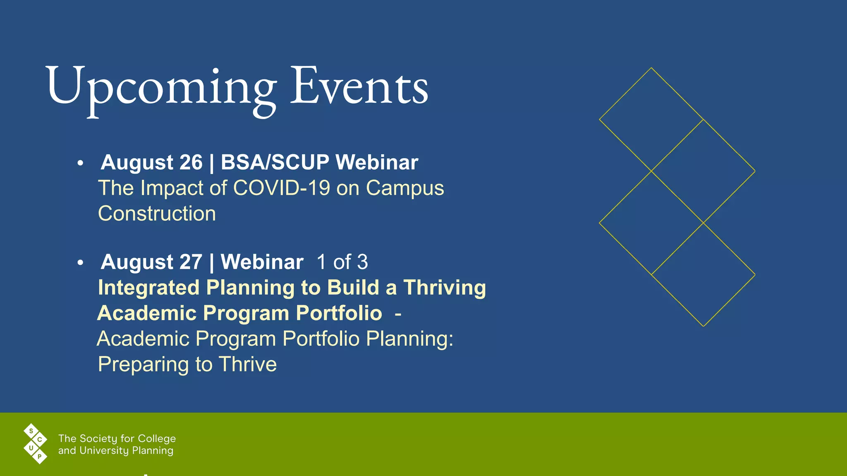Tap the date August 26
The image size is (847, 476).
[152, 162]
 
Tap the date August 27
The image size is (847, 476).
[152, 262]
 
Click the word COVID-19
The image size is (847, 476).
[282, 188]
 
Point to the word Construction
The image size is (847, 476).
[157, 214]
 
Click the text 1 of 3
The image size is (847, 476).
[342, 262]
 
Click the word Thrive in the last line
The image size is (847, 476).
[248, 364]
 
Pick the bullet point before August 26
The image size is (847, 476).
[80, 163]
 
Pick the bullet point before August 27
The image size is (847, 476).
[80, 263]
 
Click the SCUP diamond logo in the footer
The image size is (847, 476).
[36, 444]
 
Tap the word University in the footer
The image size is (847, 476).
[104, 450]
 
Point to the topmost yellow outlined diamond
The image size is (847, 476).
[651, 119]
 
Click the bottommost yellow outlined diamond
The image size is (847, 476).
[703, 275]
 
